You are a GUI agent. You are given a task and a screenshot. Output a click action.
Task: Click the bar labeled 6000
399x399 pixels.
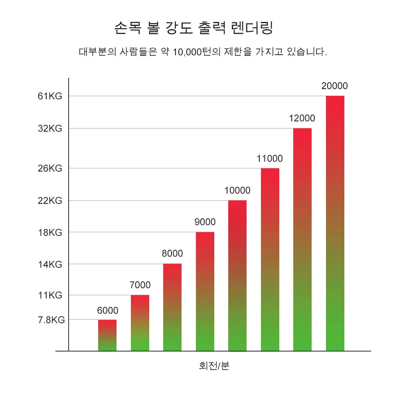(x=107, y=335)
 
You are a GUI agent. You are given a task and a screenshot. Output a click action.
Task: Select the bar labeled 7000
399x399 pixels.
(x=140, y=323)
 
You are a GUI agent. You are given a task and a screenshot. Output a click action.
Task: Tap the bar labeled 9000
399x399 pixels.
(x=205, y=291)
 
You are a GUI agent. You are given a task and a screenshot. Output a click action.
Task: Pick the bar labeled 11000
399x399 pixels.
(x=270, y=259)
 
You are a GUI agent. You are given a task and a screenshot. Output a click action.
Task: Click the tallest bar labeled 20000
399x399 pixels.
(x=335, y=223)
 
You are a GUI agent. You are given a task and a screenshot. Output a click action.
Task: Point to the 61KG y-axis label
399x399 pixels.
(x=50, y=96)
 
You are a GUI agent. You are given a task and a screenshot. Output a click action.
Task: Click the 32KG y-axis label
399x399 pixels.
(x=50, y=128)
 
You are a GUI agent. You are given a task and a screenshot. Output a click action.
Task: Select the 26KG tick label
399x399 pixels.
(x=50, y=168)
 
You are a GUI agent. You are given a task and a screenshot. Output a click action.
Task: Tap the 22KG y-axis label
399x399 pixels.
(x=50, y=201)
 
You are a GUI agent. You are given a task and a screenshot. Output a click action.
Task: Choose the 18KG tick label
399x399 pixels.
(x=50, y=232)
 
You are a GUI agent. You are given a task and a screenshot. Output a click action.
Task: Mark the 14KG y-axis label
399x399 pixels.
(x=50, y=264)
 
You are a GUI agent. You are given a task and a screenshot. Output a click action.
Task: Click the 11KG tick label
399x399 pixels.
(x=50, y=295)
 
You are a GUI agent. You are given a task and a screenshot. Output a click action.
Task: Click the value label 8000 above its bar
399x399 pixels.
(x=172, y=254)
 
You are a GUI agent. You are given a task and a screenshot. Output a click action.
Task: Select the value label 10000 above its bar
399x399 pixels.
(x=237, y=190)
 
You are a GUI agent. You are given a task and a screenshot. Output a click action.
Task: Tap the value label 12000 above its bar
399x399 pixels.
(x=302, y=119)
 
